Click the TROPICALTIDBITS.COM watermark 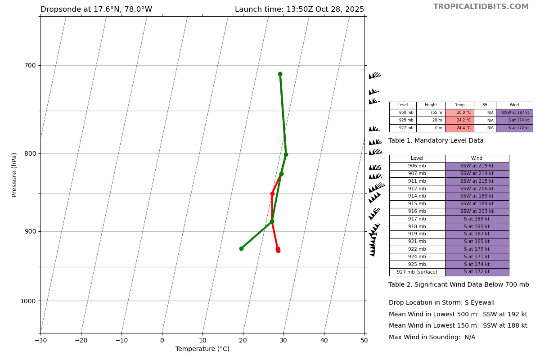(x=481, y=7)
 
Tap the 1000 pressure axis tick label (x=28, y=301)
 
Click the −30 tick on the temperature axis (x=40, y=341)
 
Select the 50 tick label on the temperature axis (x=364, y=341)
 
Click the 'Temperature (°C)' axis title (x=202, y=349)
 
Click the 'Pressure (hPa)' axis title (x=15, y=175)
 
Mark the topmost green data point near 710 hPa (x=280, y=74)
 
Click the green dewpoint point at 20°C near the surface (x=241, y=248)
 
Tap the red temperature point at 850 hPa (x=272, y=193)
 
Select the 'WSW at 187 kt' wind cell (x=514, y=113)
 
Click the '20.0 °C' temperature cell (x=459, y=113)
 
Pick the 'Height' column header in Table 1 (x=431, y=105)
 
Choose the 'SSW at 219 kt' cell (x=477, y=166)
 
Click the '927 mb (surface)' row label (x=417, y=272)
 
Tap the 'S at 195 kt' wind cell (x=477, y=226)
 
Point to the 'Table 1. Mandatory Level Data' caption (x=436, y=141)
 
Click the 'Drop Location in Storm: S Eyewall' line (x=441, y=303)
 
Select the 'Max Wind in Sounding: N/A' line (x=432, y=337)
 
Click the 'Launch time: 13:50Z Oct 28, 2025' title (x=299, y=9)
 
